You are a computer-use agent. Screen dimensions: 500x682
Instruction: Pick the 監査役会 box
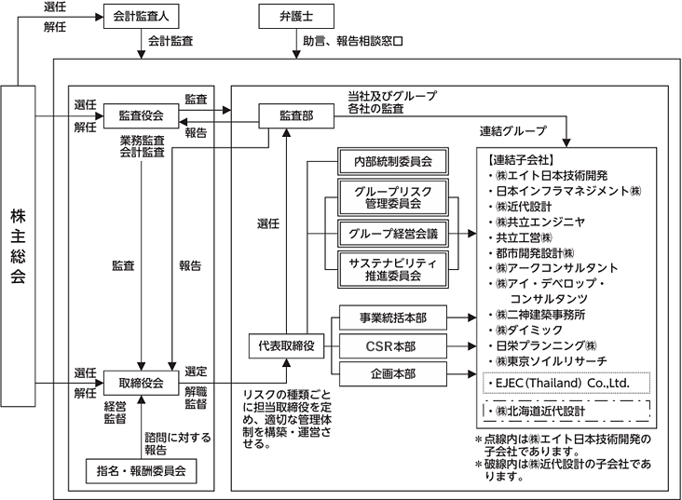pyautogui.click(x=142, y=115)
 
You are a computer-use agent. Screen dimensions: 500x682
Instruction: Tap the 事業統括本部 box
pyautogui.click(x=391, y=318)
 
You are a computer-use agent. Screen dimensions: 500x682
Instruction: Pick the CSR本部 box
pyautogui.click(x=391, y=345)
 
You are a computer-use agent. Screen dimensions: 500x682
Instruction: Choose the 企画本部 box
pyautogui.click(x=391, y=373)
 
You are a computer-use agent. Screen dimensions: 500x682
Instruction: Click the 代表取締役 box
pyautogui.click(x=287, y=345)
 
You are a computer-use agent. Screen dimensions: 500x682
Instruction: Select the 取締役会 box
pyautogui.click(x=142, y=383)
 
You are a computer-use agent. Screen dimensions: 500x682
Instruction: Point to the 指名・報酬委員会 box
pyautogui.click(x=142, y=470)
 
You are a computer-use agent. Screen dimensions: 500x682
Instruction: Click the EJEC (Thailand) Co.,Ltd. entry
pyautogui.click(x=566, y=382)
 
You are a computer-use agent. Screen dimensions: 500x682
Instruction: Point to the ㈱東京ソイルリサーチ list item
pyautogui.click(x=552, y=360)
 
